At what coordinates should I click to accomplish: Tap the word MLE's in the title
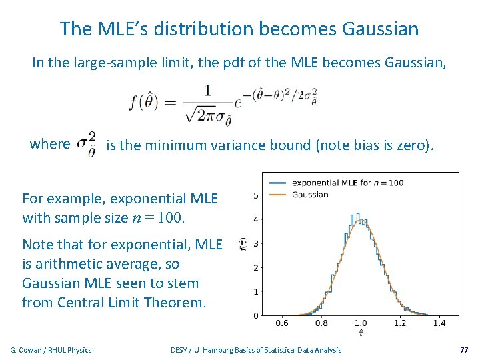(126, 29)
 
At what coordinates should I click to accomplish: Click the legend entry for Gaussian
(310, 195)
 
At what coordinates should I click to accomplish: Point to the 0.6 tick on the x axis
(282, 323)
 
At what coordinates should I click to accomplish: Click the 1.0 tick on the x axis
(361, 323)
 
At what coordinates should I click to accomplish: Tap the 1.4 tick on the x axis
(439, 323)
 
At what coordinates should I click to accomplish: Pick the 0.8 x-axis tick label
(321, 323)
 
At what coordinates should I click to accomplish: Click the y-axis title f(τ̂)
(243, 245)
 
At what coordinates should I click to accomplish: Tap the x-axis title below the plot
(361, 333)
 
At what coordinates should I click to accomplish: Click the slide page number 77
(464, 349)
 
